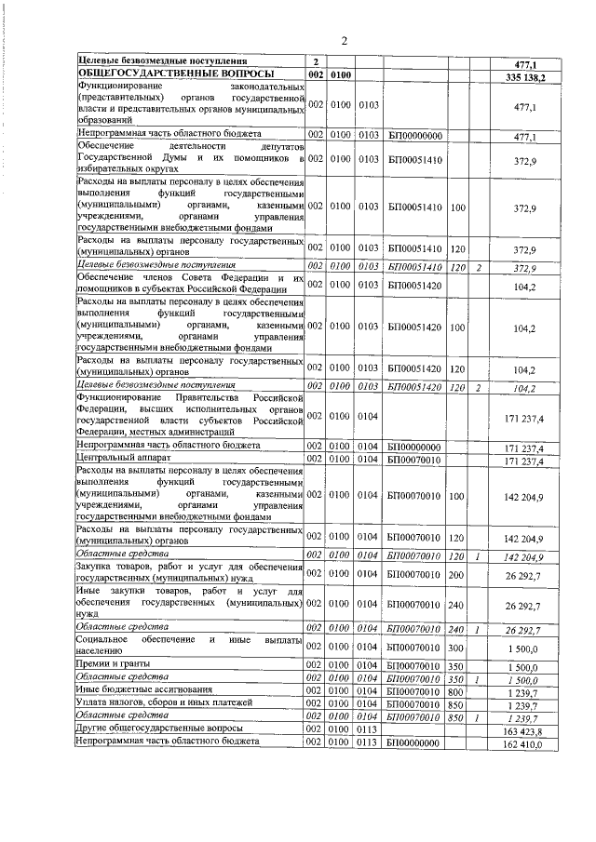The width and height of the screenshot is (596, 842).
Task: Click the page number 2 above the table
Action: (x=343, y=40)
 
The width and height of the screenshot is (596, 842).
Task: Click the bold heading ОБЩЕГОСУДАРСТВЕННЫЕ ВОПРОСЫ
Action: (x=176, y=74)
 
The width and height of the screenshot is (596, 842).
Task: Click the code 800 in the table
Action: (x=456, y=690)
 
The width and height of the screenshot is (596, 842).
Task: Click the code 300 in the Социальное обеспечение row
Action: (x=456, y=647)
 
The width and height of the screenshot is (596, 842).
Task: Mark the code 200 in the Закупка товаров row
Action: (x=456, y=577)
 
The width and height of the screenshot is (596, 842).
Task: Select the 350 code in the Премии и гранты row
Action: (x=456, y=666)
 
